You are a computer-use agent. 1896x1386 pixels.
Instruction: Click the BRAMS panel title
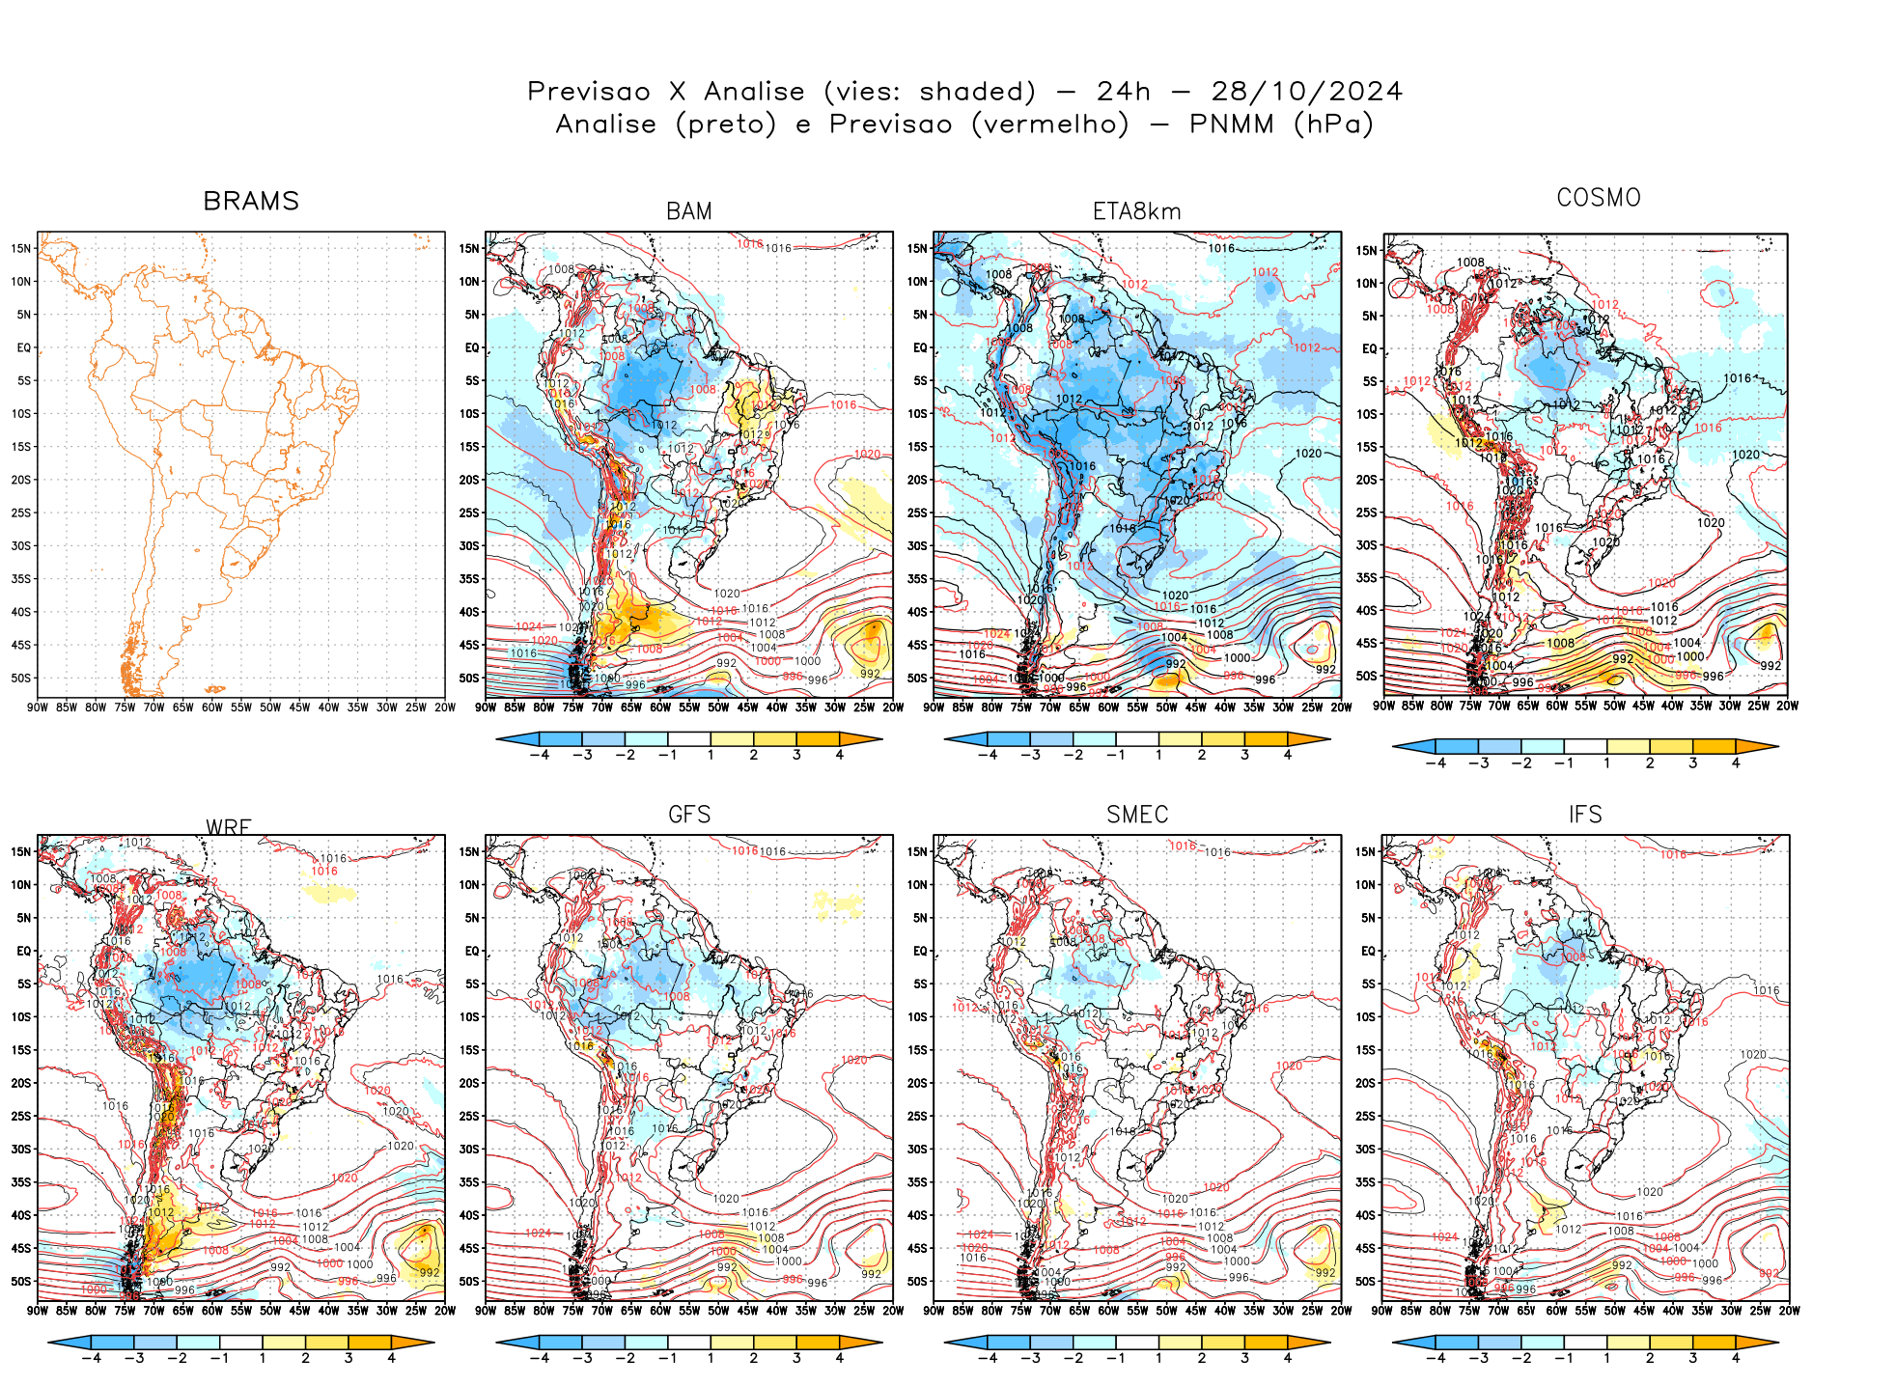tap(251, 201)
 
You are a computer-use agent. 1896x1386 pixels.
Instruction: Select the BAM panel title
tap(689, 211)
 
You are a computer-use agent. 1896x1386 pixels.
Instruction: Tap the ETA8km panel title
tap(1136, 211)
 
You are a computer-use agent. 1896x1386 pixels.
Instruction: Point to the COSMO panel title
tap(1599, 198)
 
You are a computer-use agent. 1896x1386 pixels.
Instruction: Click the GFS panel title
tap(689, 815)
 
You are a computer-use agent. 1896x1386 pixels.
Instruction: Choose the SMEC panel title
tap(1137, 815)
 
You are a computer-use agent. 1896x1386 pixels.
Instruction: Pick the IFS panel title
tap(1585, 815)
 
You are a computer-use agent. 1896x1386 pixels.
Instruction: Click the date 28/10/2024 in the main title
tap(1306, 92)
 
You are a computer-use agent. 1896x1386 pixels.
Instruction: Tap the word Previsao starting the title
tap(589, 92)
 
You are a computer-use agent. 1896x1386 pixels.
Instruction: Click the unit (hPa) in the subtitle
tap(1334, 125)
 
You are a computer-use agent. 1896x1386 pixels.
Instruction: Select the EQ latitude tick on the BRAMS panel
tap(24, 347)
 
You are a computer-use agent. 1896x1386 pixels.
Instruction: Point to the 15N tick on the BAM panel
tap(469, 248)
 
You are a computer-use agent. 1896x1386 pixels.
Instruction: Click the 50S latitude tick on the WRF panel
tap(21, 1281)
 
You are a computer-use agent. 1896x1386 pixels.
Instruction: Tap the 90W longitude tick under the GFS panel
tap(486, 1311)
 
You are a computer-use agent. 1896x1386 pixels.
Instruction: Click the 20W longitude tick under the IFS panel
tap(1789, 1311)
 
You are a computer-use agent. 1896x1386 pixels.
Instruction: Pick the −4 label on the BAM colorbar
tap(540, 755)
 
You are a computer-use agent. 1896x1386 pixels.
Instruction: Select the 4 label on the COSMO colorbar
tap(1736, 762)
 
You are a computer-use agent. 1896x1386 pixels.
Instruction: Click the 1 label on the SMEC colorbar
tap(1158, 1358)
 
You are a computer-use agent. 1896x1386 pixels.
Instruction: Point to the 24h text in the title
tap(1124, 92)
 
